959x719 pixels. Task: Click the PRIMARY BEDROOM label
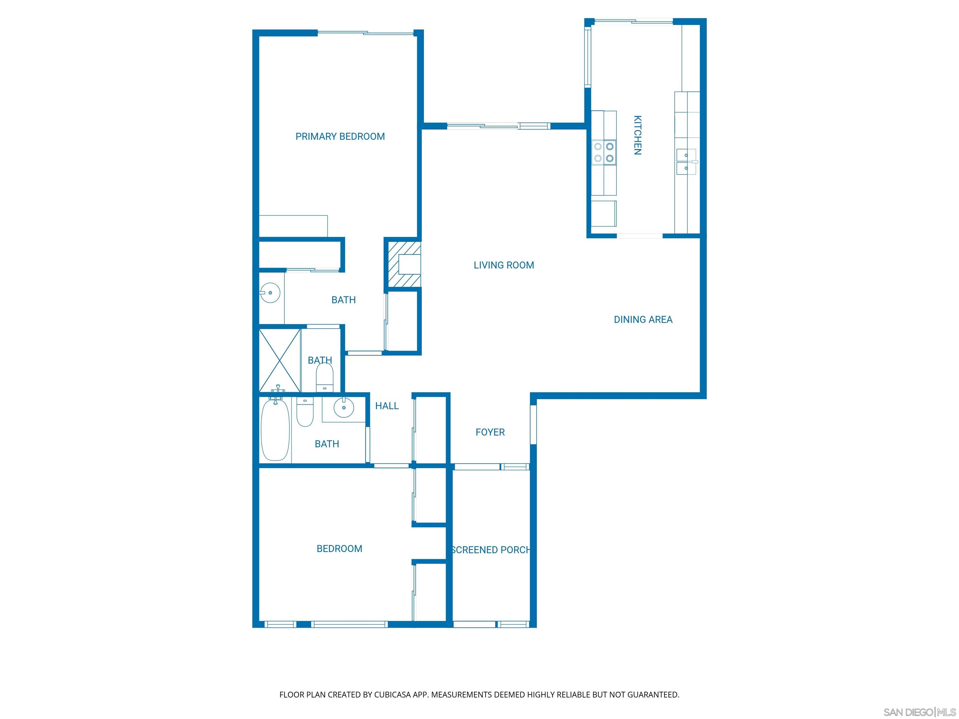coord(340,136)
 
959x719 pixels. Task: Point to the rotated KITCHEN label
coord(637,135)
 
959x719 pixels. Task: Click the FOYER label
coord(490,432)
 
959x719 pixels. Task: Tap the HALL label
coord(387,406)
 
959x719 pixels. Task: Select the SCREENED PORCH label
coord(490,550)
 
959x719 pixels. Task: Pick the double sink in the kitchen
coord(686,161)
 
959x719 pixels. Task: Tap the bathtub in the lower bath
coord(275,430)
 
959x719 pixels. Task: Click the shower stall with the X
coord(280,360)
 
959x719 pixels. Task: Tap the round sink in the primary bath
coord(270,293)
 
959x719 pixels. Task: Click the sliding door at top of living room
coord(499,126)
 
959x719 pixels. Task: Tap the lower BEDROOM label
coord(339,549)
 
